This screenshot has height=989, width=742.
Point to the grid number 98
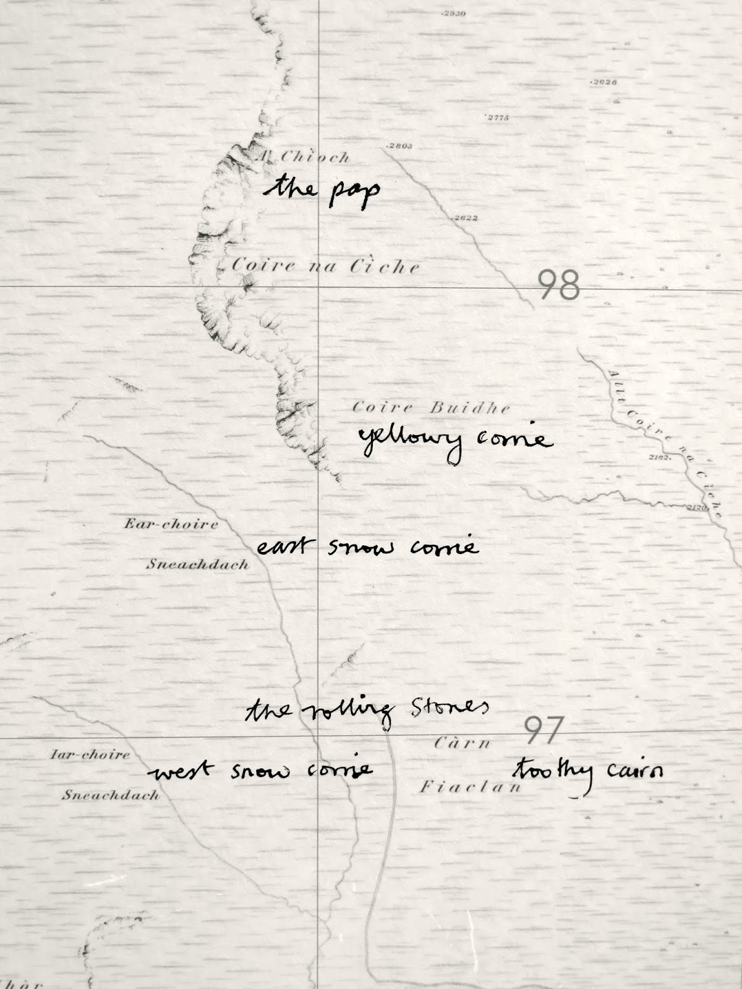click(x=558, y=286)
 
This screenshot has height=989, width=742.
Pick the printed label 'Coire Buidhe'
click(x=431, y=408)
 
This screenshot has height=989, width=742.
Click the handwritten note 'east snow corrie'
click(x=367, y=548)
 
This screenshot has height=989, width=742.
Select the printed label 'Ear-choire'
click(x=171, y=525)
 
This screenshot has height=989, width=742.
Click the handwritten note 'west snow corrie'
click(x=260, y=770)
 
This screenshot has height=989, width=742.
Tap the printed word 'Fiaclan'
click(x=471, y=787)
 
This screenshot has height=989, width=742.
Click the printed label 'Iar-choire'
click(x=90, y=754)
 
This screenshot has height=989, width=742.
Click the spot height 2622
click(x=464, y=218)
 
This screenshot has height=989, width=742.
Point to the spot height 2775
click(x=497, y=118)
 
